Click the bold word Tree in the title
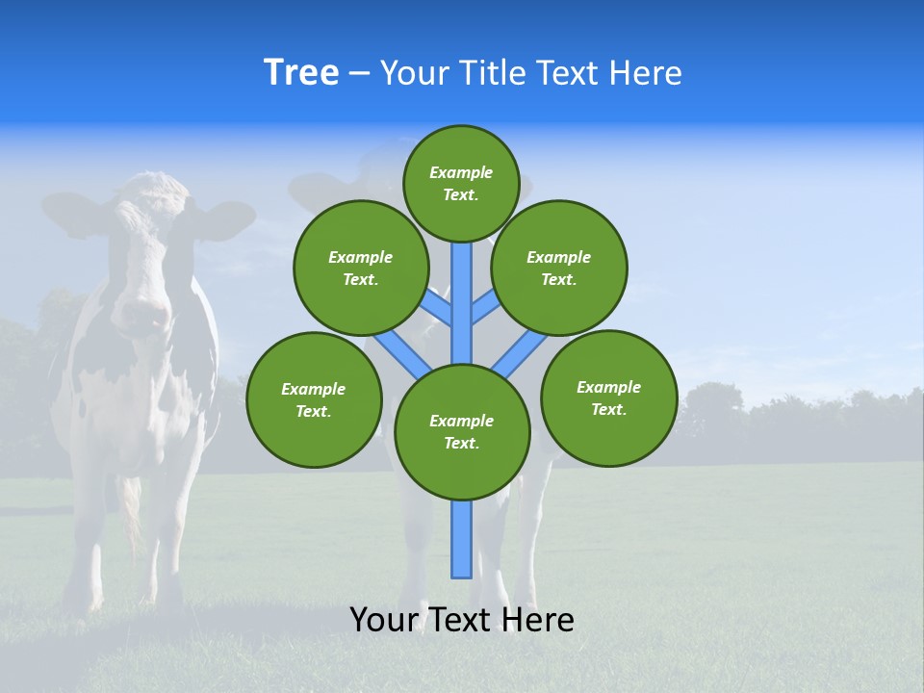click(x=301, y=72)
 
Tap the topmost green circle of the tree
click(x=461, y=183)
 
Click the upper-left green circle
click(x=361, y=268)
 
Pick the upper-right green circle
click(x=559, y=268)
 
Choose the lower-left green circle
click(x=314, y=399)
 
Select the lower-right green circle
click(x=608, y=398)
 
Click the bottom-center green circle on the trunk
click(x=462, y=431)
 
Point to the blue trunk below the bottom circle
click(x=462, y=539)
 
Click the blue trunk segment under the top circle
click(x=462, y=289)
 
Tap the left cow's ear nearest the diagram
click(x=223, y=219)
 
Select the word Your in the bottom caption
click(x=383, y=620)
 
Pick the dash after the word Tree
click(x=359, y=73)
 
